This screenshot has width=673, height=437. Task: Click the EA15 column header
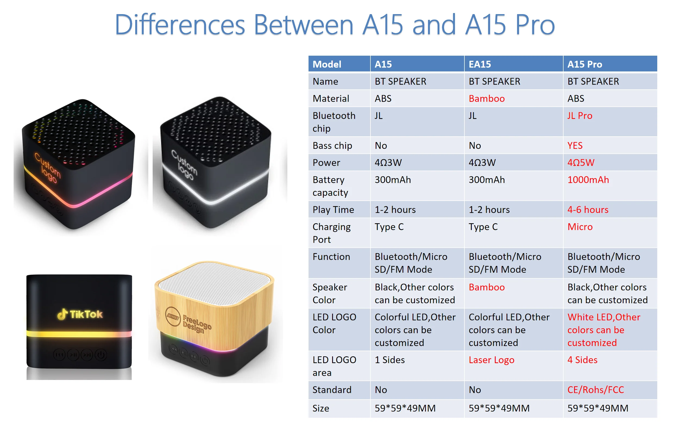pos(480,64)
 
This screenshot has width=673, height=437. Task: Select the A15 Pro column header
pos(584,64)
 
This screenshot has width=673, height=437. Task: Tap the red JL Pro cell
pos(580,116)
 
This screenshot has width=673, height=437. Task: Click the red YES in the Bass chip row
pos(575,145)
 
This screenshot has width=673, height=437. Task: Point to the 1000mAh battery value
pos(588,180)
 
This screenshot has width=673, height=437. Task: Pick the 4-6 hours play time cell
pos(588,210)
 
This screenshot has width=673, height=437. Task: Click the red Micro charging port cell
pos(580,227)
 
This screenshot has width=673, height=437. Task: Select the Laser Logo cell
pos(491,360)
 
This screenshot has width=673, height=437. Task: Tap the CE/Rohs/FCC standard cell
pos(595,390)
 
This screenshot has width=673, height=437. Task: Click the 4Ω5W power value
pos(581,163)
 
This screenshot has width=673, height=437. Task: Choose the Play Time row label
pos(333,210)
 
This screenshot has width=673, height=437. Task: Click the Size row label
pos(321,408)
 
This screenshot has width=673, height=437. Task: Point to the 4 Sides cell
pos(582,360)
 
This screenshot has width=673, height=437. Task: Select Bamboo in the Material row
pos(486,98)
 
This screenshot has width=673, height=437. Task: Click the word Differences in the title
pos(180,25)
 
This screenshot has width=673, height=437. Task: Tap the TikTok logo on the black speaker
pos(80,314)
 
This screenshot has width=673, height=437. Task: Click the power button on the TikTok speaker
pos(101,355)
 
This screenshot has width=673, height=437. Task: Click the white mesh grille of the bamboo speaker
pos(214,283)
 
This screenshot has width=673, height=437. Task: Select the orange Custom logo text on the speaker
pos(48,168)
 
